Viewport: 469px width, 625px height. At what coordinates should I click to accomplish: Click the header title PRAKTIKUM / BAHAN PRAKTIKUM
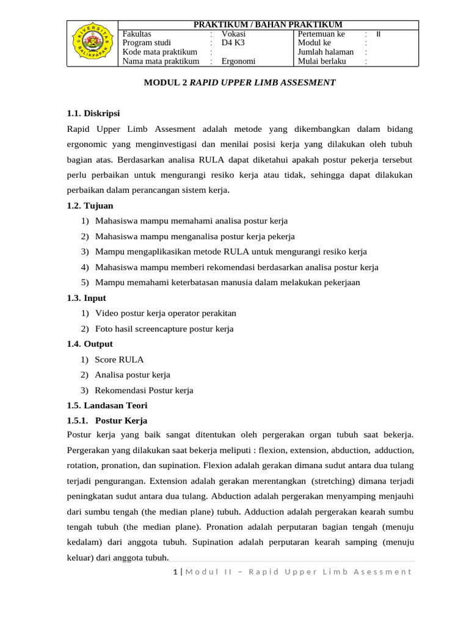point(267,24)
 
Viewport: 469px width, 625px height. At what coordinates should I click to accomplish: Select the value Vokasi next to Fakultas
point(233,34)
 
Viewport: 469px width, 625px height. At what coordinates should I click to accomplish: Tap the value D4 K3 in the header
point(233,43)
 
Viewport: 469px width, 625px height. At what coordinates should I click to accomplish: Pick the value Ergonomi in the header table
point(238,61)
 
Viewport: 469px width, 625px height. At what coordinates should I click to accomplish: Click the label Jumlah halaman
point(325,52)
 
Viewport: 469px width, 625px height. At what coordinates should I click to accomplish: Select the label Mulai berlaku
point(322,61)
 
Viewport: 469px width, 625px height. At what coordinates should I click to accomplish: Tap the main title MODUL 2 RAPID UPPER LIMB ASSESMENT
point(239,82)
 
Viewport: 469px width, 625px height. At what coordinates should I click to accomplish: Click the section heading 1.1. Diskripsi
point(93,114)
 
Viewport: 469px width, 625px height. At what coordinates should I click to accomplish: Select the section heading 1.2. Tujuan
point(90,206)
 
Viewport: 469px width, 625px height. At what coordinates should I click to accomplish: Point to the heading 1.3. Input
point(86,298)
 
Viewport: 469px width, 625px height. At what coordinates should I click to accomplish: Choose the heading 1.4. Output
point(90,344)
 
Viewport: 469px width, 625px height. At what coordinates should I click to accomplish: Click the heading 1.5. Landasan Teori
point(107,405)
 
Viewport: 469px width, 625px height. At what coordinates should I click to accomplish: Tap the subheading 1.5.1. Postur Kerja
point(107,421)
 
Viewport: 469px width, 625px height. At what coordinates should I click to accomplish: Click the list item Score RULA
point(119,359)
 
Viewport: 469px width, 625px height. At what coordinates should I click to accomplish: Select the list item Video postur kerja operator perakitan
point(165,313)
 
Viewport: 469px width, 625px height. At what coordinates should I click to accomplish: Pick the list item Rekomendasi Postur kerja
point(144,390)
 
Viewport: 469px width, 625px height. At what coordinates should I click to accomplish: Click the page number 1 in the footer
point(175,571)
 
